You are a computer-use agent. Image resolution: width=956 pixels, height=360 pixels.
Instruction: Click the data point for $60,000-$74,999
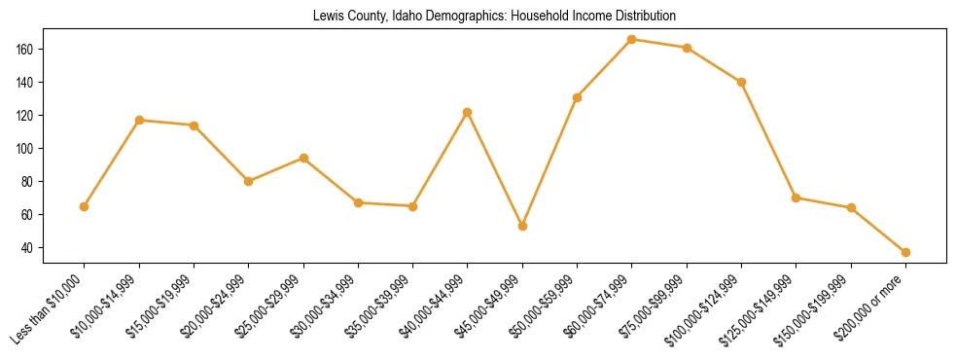(x=632, y=39)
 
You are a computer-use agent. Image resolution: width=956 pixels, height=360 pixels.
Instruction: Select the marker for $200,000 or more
(x=905, y=252)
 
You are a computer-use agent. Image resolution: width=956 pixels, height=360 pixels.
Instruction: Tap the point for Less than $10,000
(x=84, y=206)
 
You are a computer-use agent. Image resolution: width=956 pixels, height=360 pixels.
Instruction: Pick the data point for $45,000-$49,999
(x=522, y=226)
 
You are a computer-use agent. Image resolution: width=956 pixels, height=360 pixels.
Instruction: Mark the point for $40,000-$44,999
(x=468, y=112)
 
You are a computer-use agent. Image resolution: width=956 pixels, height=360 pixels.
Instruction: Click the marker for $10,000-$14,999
(x=139, y=120)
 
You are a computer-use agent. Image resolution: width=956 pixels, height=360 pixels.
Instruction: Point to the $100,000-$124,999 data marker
(x=741, y=82)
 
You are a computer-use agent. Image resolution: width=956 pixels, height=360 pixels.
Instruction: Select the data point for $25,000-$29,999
(x=303, y=158)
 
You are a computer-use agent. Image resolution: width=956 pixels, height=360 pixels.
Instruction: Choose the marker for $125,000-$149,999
(x=797, y=198)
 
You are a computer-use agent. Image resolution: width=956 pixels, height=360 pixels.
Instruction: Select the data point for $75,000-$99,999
(x=687, y=48)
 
